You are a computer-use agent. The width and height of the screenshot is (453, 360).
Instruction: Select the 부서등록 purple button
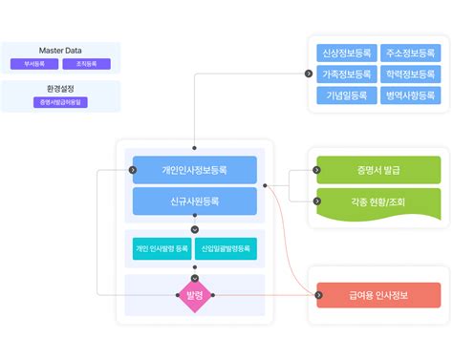click(33, 64)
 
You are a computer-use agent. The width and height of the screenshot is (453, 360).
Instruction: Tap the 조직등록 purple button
click(86, 64)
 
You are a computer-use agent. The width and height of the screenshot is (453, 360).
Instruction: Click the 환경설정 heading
click(59, 88)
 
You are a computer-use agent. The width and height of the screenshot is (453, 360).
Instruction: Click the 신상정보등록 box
click(346, 53)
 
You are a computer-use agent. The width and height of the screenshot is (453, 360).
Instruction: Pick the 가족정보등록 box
click(346, 74)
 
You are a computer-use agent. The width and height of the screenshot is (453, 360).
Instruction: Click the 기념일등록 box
click(346, 95)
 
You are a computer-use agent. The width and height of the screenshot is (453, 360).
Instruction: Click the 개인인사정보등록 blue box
click(195, 170)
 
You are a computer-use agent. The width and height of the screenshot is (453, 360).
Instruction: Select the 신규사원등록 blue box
click(195, 201)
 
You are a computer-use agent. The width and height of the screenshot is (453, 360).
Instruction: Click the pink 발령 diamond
click(195, 295)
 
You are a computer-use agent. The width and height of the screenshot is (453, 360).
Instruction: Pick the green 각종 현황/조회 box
click(371, 202)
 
